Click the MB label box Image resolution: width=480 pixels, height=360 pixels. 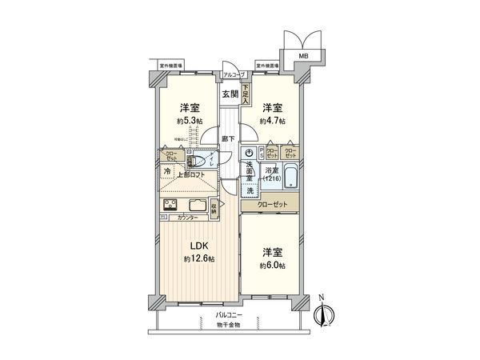coord(303,54)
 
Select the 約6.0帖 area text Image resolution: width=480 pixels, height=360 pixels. coord(273,265)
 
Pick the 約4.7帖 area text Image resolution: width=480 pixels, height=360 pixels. coord(272,122)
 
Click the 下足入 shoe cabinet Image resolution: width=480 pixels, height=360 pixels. coord(246,94)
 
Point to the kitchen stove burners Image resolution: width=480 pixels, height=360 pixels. coord(172,206)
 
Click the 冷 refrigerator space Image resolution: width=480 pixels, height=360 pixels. coord(167,170)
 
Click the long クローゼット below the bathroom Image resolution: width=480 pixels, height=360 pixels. coord(272,206)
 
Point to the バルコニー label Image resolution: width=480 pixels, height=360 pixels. coord(229,317)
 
